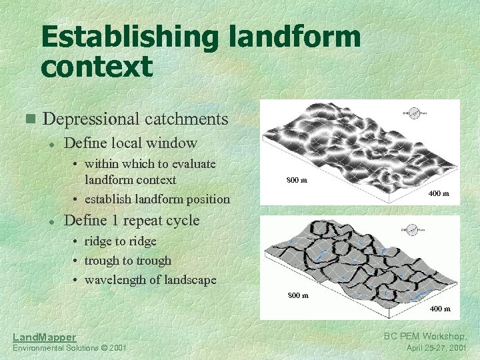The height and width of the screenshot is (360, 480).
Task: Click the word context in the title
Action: [96, 66]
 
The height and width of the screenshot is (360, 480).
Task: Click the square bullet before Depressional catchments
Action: [29, 119]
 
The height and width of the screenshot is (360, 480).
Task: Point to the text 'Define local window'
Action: [131, 143]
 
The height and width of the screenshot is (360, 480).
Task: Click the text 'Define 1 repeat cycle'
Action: [131, 220]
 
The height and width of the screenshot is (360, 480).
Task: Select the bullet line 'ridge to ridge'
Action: [120, 241]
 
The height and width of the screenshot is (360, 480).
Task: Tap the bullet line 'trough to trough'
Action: [127, 261]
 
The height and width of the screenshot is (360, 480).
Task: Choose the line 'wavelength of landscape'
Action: [150, 280]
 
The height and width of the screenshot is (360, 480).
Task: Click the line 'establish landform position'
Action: [157, 199]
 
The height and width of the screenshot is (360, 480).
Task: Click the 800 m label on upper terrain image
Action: [297, 180]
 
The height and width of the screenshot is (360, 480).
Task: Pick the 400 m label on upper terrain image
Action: [438, 193]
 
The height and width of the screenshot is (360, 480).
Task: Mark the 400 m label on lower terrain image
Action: [439, 309]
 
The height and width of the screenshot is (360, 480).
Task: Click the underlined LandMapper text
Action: [45, 337]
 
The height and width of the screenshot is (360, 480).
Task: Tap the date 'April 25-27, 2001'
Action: [436, 348]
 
